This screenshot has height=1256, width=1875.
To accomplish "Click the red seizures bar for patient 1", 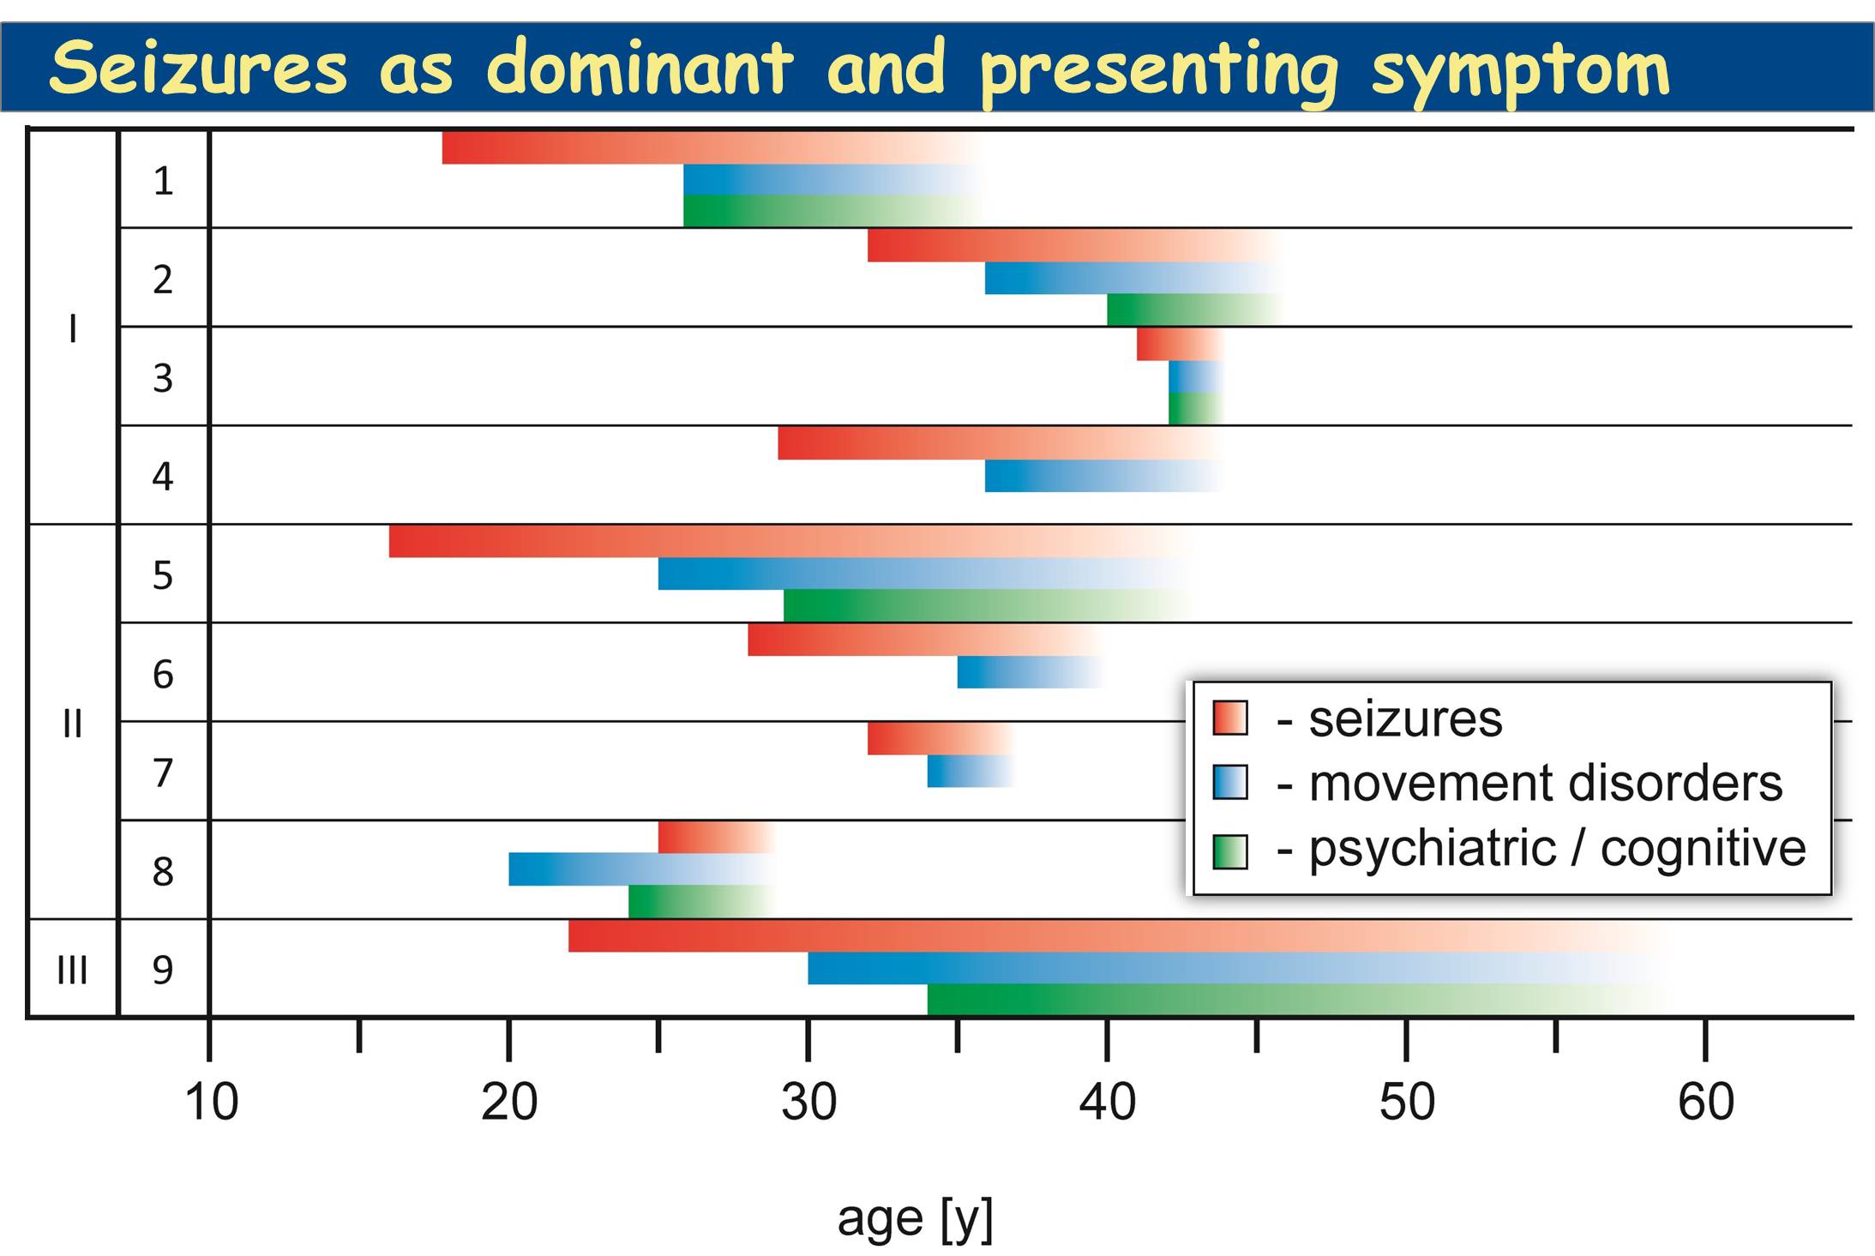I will click(686, 147).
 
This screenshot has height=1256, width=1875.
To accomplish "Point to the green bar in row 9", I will click(1243, 1000).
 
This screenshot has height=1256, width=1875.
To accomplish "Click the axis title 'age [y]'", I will click(915, 1219).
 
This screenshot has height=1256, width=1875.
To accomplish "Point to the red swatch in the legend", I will click(1230, 718).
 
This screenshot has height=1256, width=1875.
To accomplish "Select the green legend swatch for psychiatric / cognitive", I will click(1230, 851).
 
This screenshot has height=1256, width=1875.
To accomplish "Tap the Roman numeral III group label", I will click(72, 971).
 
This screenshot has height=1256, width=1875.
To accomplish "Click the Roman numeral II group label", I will click(72, 724).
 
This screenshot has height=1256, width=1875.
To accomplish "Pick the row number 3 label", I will click(163, 378).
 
